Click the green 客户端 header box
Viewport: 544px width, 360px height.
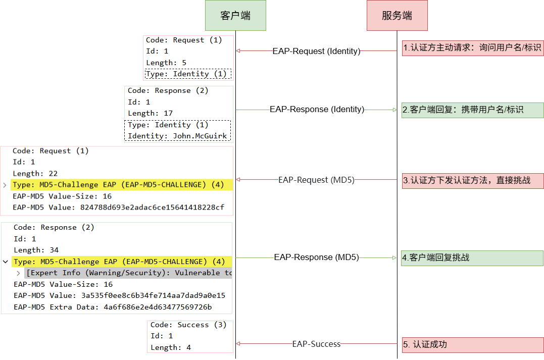235,16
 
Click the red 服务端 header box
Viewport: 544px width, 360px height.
397,16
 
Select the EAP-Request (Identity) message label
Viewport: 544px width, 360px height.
316,51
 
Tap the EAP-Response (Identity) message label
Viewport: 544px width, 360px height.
317,109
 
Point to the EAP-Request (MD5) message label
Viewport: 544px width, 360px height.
316,180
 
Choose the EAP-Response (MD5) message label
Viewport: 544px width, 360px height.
316,257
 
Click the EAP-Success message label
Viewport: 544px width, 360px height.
316,344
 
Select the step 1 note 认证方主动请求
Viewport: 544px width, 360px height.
472,48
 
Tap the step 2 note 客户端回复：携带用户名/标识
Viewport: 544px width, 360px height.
472,110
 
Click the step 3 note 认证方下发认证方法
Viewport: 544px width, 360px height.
472,180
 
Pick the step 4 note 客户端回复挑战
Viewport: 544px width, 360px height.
472,258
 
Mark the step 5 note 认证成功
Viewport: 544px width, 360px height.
472,345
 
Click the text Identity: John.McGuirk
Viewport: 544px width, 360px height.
177,136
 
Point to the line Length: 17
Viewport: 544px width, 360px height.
150,113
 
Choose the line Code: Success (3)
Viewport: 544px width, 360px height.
188,325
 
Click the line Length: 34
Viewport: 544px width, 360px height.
36,250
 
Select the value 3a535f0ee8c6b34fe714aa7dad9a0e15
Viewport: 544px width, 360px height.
150,295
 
